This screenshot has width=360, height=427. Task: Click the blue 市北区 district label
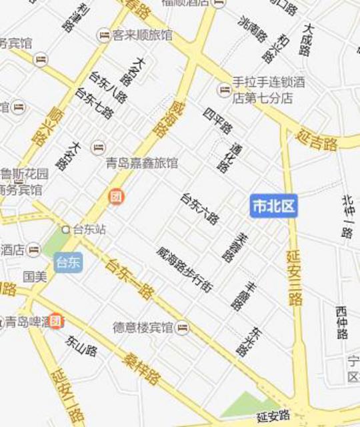click(x=273, y=205)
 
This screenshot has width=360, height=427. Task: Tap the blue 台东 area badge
click(x=69, y=262)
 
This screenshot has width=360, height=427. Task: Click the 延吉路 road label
click(x=319, y=139)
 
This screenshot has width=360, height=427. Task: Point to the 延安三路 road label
click(x=294, y=277)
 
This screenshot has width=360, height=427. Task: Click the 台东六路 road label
click(x=199, y=208)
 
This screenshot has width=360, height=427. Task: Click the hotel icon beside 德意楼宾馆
click(x=182, y=328)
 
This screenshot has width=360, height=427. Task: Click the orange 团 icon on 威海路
click(x=116, y=197)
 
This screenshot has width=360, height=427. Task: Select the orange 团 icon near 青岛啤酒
click(x=56, y=321)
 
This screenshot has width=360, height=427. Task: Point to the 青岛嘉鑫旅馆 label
click(x=142, y=162)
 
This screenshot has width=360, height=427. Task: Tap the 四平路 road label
click(x=217, y=119)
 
